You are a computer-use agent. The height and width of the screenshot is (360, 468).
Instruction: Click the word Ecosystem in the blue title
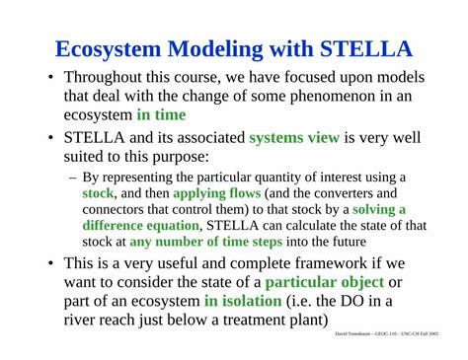coord(108,49)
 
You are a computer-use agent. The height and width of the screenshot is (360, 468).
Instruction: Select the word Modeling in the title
coord(215,49)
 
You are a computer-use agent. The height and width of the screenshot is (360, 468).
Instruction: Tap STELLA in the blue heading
coord(366,48)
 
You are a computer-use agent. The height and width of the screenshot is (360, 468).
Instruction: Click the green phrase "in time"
coord(161,114)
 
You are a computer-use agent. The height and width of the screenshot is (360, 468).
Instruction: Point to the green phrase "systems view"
coord(294,137)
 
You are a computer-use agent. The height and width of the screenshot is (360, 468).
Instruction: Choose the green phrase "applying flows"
coord(217,193)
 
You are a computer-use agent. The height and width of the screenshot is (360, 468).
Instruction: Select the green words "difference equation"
coord(141,226)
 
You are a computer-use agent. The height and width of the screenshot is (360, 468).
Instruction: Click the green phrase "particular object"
coord(325,282)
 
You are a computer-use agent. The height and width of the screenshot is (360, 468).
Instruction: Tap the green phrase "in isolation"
coord(243,301)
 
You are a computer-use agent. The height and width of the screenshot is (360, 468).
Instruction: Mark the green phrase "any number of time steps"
coord(206,242)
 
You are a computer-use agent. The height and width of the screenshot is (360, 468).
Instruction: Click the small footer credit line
coord(387,334)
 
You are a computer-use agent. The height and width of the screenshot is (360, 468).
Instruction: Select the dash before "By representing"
coord(73,179)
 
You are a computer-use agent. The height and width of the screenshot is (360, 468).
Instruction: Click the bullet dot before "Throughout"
coord(50,78)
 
